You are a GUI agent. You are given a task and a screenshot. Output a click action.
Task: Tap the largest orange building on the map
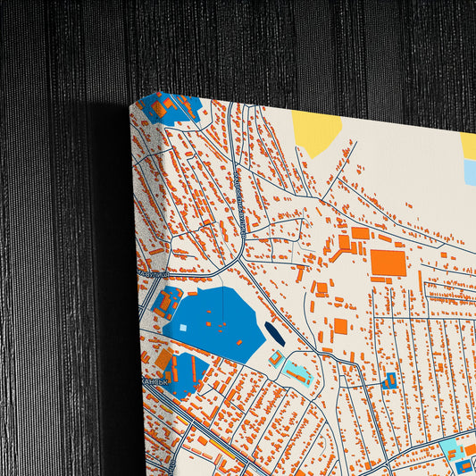point(388,262)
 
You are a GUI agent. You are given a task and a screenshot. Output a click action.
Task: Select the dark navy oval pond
point(273,334)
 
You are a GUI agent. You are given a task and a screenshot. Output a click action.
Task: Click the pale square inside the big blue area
point(183,328)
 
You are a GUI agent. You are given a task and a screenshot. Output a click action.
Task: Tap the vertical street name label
point(241,201)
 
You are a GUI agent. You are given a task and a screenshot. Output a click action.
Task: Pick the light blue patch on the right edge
point(470,171)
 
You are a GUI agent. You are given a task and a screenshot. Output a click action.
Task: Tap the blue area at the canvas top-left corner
point(175,106)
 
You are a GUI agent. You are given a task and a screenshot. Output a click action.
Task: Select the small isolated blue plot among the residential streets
point(389,380)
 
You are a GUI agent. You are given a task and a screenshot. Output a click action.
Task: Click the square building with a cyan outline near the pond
point(277,359)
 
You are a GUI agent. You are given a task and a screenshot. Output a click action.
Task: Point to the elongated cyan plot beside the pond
point(297,372)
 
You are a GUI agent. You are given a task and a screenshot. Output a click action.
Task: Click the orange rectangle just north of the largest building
point(360,233)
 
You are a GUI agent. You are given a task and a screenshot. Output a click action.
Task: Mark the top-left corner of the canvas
point(130,104)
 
